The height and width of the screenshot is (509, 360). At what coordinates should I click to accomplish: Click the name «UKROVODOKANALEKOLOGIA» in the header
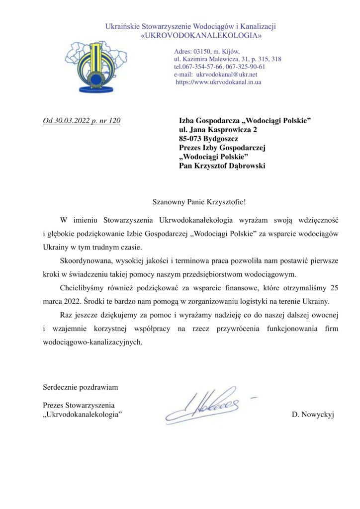pyautogui.click(x=201, y=36)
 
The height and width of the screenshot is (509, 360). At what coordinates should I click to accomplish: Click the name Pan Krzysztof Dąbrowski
pyautogui.click(x=222, y=166)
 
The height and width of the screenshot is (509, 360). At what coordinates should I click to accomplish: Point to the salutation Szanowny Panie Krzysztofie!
pyautogui.click(x=199, y=202)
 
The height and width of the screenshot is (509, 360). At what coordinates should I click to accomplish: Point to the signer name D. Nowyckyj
pyautogui.click(x=313, y=414)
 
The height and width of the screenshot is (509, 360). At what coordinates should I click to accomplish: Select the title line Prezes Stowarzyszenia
pyautogui.click(x=80, y=405)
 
